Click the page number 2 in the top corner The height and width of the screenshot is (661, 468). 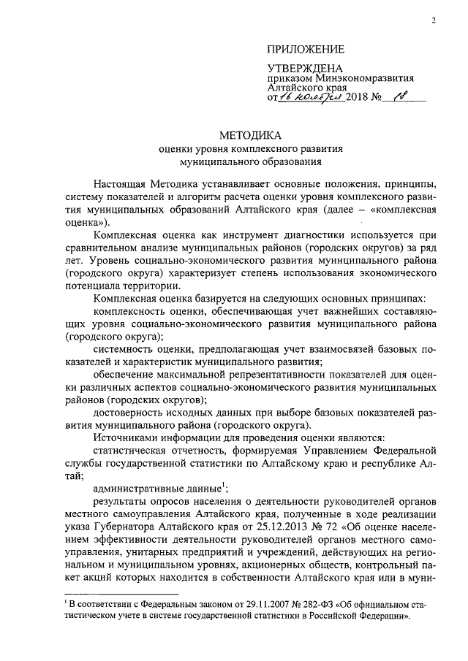click(434, 20)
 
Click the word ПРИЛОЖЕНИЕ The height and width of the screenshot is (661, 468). click(305, 49)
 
